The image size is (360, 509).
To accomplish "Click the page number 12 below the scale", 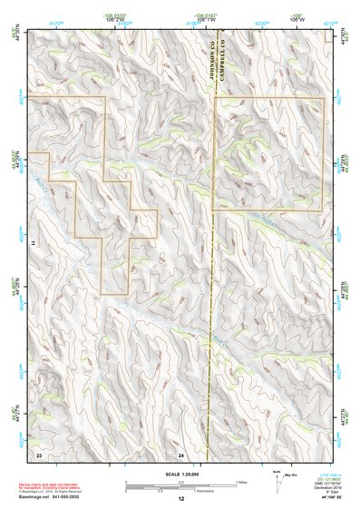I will click(181, 499).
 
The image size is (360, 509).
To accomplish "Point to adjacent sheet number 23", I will click(39, 453).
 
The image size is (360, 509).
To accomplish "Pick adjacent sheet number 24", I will click(181, 453).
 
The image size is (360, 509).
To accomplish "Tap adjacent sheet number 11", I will click(32, 243).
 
